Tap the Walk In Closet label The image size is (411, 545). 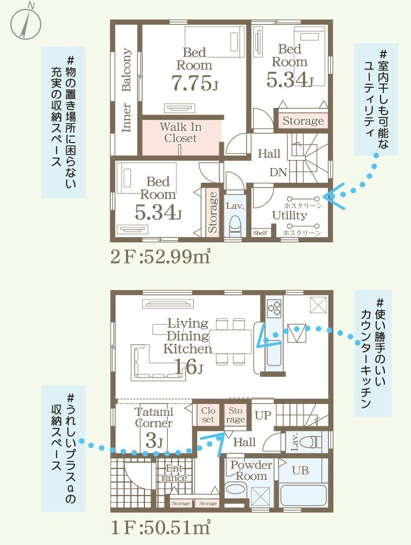coord(181,132)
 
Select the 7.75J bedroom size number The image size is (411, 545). coord(194,83)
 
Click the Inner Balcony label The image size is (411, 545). coord(127,90)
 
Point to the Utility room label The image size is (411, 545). coord(289,215)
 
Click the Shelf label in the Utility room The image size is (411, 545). coord(260,233)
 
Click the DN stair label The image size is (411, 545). coord(278,172)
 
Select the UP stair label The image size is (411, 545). coord(263,415)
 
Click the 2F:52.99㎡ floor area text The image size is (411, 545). coord(160,257)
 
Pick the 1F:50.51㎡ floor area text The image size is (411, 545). coord(160,528)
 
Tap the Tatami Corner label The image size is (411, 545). coord(154,418)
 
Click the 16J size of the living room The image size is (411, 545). coord(188,367)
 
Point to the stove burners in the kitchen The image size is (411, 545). coord(274,308)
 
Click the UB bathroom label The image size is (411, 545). coord(300,470)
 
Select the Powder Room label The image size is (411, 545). coord(251,470)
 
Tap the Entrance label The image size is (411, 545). coord(174,473)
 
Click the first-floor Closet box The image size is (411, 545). coord(208,415)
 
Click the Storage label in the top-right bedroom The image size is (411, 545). coord(303,121)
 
